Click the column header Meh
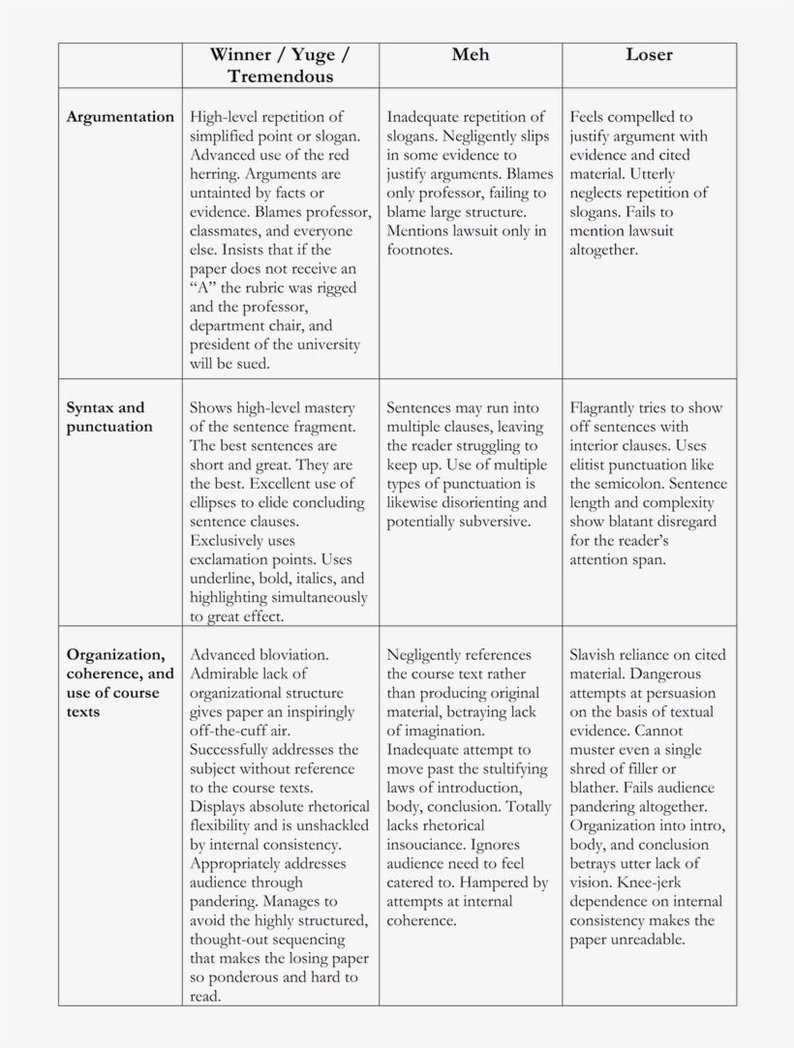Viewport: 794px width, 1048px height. (x=471, y=55)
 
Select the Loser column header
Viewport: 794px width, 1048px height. (x=649, y=55)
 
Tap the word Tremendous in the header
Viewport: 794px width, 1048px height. (x=281, y=76)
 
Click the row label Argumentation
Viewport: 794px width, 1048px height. (x=120, y=117)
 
